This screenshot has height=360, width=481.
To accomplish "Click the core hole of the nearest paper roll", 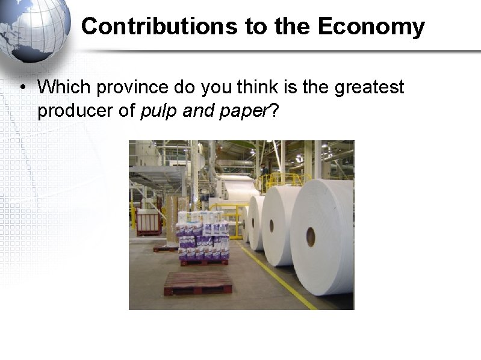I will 311,237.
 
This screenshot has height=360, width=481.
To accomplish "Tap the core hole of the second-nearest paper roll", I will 272,226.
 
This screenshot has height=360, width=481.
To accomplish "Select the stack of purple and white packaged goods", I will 203,235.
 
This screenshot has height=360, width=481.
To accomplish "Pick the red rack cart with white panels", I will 149,221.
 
